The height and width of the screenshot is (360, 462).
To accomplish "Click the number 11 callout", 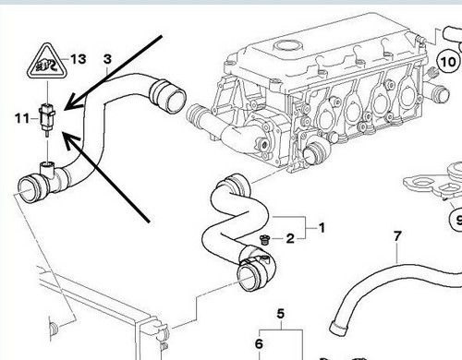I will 20,117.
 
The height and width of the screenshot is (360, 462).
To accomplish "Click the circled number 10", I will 447,65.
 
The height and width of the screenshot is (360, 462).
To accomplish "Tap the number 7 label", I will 397,237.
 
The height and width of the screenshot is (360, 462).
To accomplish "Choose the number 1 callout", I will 322,226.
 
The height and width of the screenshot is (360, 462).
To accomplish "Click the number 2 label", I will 289,238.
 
